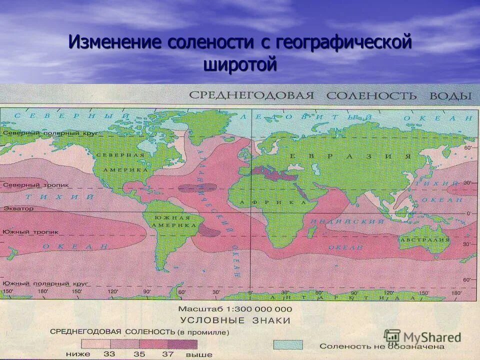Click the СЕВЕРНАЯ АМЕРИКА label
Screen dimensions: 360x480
[x=122, y=162]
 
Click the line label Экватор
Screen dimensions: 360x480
[x=18, y=208]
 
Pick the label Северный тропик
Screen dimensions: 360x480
[x=28, y=185]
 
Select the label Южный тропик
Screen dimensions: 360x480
[x=30, y=232]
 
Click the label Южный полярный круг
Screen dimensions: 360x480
[x=45, y=283]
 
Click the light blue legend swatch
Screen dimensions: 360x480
[x=287, y=345]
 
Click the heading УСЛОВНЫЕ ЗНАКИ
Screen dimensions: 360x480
[x=235, y=320]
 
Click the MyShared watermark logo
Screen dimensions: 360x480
[x=423, y=336]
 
